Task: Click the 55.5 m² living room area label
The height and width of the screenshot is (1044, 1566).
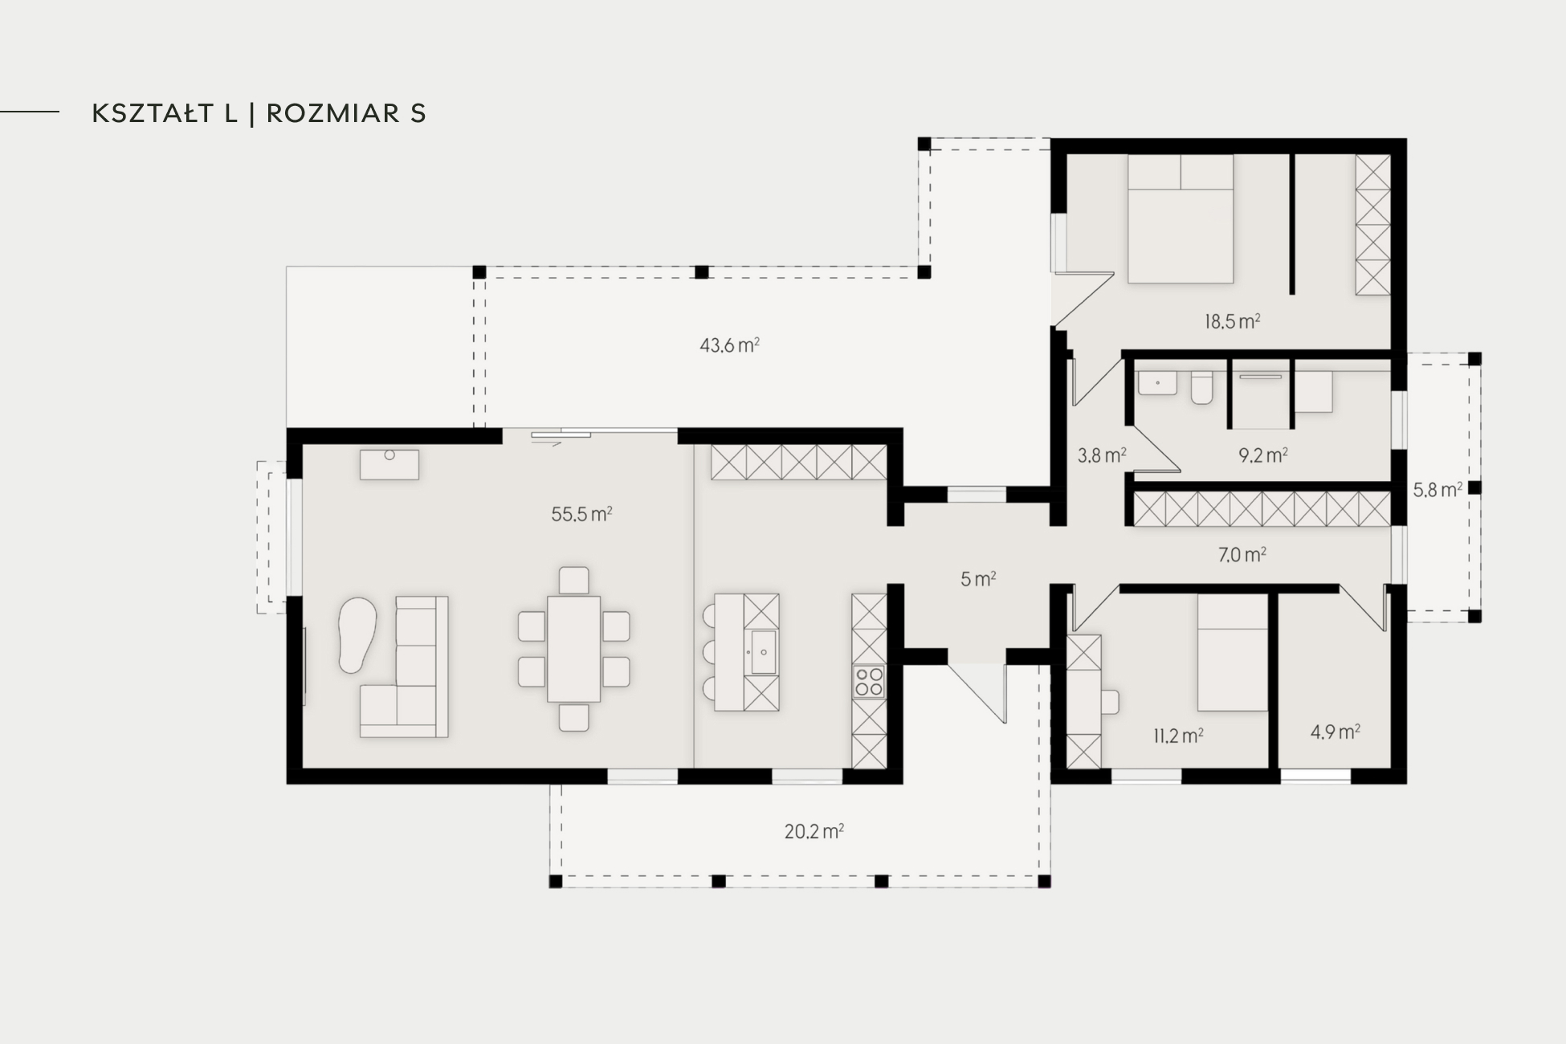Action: (581, 514)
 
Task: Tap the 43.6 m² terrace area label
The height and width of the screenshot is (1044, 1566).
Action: (729, 345)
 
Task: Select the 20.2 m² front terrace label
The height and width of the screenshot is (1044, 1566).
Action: (814, 831)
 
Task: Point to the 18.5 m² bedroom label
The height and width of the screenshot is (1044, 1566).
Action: (1232, 322)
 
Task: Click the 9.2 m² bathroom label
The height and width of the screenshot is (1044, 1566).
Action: (1263, 455)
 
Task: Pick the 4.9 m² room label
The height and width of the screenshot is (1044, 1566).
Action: (1335, 732)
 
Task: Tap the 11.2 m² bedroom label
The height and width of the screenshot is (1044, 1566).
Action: (1178, 736)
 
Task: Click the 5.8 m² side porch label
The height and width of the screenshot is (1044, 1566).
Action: (1438, 489)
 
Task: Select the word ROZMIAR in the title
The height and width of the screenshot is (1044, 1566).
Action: (333, 113)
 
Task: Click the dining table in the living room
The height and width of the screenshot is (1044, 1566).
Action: (574, 649)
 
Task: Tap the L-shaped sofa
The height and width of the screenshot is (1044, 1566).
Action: (404, 667)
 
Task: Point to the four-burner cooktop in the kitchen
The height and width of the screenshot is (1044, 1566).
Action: (869, 682)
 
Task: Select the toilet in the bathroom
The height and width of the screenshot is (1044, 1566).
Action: (1201, 386)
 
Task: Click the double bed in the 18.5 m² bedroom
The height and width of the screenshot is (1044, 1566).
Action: (1180, 218)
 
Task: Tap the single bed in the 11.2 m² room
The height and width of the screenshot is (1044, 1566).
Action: (1232, 652)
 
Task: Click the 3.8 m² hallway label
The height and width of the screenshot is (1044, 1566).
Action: (1102, 456)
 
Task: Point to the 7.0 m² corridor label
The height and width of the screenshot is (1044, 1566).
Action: (1242, 555)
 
